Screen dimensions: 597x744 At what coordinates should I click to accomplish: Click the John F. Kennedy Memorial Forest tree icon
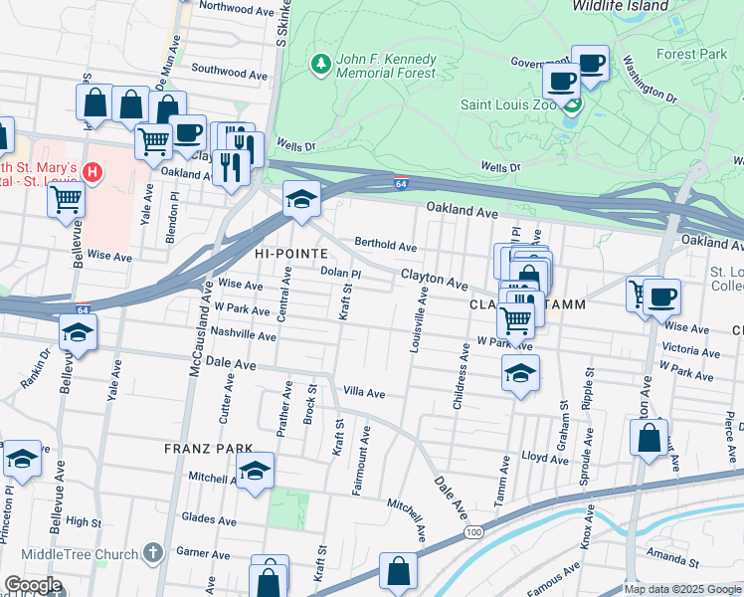[x=320, y=65]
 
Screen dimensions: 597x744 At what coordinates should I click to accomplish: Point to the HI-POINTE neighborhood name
[x=291, y=254]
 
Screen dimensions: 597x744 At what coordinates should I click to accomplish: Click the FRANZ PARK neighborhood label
[x=197, y=450]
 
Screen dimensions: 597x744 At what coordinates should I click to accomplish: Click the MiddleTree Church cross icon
[x=152, y=551]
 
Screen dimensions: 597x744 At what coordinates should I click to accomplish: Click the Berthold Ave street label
[x=386, y=245]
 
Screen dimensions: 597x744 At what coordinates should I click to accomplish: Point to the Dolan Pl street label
[x=339, y=271]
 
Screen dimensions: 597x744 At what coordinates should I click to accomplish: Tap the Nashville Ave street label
[x=243, y=336]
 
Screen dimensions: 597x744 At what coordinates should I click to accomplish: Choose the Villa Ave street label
[x=363, y=393]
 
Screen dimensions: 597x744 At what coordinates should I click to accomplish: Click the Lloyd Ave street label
[x=524, y=459]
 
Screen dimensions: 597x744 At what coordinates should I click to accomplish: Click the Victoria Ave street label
[x=691, y=350]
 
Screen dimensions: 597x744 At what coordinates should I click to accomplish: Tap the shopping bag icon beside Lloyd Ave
[x=649, y=438]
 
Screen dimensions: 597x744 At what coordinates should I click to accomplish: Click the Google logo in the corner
[x=33, y=585]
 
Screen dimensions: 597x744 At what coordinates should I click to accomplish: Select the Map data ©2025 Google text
[x=682, y=589]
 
